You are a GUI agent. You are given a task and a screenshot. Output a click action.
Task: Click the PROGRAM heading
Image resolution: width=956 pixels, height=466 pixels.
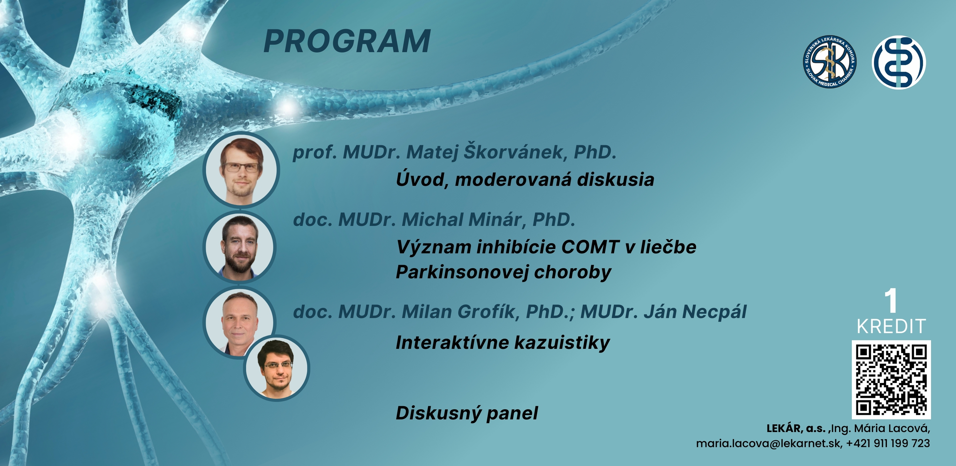(x=347, y=41)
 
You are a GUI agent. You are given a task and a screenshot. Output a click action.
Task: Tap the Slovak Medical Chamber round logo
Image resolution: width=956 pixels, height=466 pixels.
(x=830, y=62)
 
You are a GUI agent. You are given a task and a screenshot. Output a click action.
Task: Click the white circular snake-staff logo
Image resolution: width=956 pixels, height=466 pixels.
(x=899, y=62)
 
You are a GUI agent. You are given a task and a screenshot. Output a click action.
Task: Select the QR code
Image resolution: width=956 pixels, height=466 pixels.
(x=891, y=379)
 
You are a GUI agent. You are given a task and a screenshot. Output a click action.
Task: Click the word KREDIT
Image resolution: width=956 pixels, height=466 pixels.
(x=891, y=326)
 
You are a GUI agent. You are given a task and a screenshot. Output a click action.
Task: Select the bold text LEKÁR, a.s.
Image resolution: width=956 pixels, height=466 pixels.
(x=796, y=429)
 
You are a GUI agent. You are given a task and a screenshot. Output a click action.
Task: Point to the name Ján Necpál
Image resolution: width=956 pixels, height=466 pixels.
(x=695, y=311)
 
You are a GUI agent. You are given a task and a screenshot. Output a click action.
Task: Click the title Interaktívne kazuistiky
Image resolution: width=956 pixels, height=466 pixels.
(x=503, y=342)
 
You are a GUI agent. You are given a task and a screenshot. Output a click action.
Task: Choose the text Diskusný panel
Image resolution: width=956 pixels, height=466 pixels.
(x=467, y=413)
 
